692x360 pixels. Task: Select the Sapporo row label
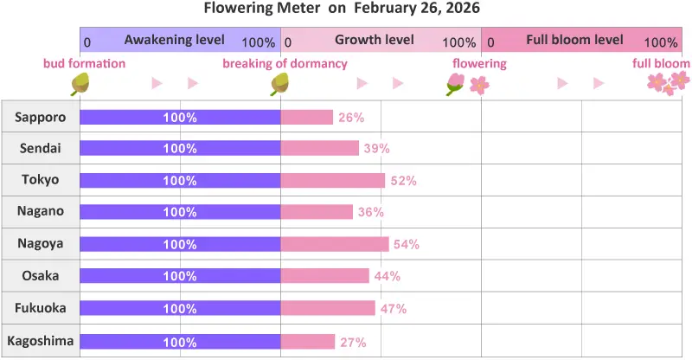click(x=41, y=117)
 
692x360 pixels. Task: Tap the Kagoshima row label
click(x=41, y=341)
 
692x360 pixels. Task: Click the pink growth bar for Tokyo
click(x=333, y=181)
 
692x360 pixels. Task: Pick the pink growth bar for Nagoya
click(x=335, y=244)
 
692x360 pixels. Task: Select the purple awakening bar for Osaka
click(x=180, y=276)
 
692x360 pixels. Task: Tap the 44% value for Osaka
click(x=388, y=276)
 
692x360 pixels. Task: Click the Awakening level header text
click(x=175, y=41)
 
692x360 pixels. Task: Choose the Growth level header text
click(x=375, y=41)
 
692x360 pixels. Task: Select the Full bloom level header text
click(x=574, y=41)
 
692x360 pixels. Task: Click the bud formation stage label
click(x=84, y=64)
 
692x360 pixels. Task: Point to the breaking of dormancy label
click(x=285, y=64)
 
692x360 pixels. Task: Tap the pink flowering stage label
click(x=479, y=64)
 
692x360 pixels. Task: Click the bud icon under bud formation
click(x=80, y=84)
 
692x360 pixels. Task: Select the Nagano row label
click(x=41, y=211)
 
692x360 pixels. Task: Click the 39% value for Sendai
click(x=376, y=149)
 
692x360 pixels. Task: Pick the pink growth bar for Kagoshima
click(x=308, y=342)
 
